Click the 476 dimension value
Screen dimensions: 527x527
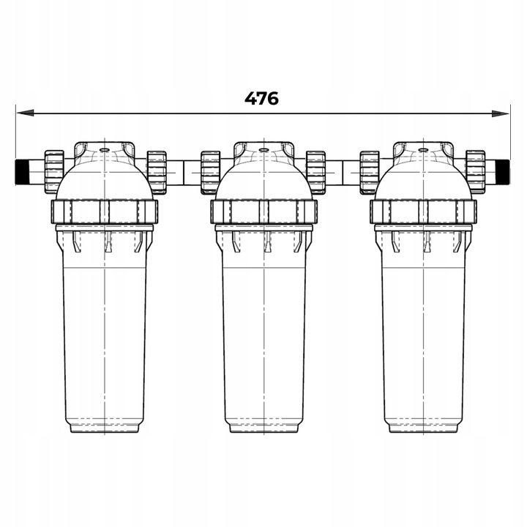click(x=261, y=99)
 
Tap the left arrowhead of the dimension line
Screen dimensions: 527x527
click(x=25, y=113)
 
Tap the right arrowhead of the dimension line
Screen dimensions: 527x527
click(x=501, y=113)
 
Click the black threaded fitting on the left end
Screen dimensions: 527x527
click(x=21, y=173)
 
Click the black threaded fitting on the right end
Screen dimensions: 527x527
click(x=504, y=173)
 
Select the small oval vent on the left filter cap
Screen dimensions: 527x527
click(x=104, y=149)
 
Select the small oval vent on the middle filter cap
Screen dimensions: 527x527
click(x=263, y=149)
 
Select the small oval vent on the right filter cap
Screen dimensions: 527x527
click(x=423, y=149)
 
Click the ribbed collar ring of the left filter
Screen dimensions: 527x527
click(x=104, y=212)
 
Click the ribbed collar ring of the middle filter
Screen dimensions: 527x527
click(x=263, y=212)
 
